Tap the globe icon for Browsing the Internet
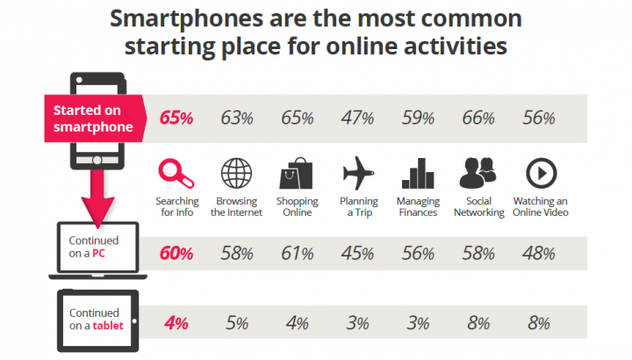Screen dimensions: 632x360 (237, 173)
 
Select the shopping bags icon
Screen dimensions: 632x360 (297, 173)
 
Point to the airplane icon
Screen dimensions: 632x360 (358, 173)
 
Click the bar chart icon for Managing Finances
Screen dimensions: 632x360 (418, 173)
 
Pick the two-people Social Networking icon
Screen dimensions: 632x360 (478, 173)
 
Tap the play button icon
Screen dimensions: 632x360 (542, 173)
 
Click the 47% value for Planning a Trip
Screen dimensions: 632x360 (357, 119)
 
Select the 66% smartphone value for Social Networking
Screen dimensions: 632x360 (478, 119)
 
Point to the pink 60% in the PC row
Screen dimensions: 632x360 (176, 254)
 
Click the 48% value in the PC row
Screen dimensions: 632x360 (539, 254)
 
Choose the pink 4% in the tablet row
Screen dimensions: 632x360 (176, 323)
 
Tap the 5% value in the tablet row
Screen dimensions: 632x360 (237, 323)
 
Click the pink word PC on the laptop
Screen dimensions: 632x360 (98, 254)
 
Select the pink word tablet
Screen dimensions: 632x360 (108, 326)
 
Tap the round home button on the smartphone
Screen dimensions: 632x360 (97, 160)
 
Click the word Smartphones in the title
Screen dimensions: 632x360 (186, 19)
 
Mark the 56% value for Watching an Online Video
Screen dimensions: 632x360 (539, 119)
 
